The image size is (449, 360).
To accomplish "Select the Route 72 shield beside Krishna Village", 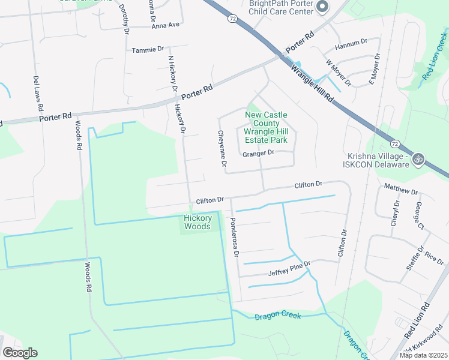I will [394, 144].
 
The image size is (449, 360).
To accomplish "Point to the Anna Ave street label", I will [166, 25].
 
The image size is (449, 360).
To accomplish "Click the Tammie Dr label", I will [148, 49].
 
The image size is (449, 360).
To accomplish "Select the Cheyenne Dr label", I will [222, 148].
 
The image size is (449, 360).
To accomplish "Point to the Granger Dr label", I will [258, 153].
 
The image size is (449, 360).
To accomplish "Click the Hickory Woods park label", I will [197, 222].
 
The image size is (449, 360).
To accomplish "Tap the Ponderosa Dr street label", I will [234, 238].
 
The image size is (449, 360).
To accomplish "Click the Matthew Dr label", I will [400, 190].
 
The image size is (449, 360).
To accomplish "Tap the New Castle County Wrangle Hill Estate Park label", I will [266, 127].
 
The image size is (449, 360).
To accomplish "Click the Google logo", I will [20, 353].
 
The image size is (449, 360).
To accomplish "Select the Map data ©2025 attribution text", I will [423, 355].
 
